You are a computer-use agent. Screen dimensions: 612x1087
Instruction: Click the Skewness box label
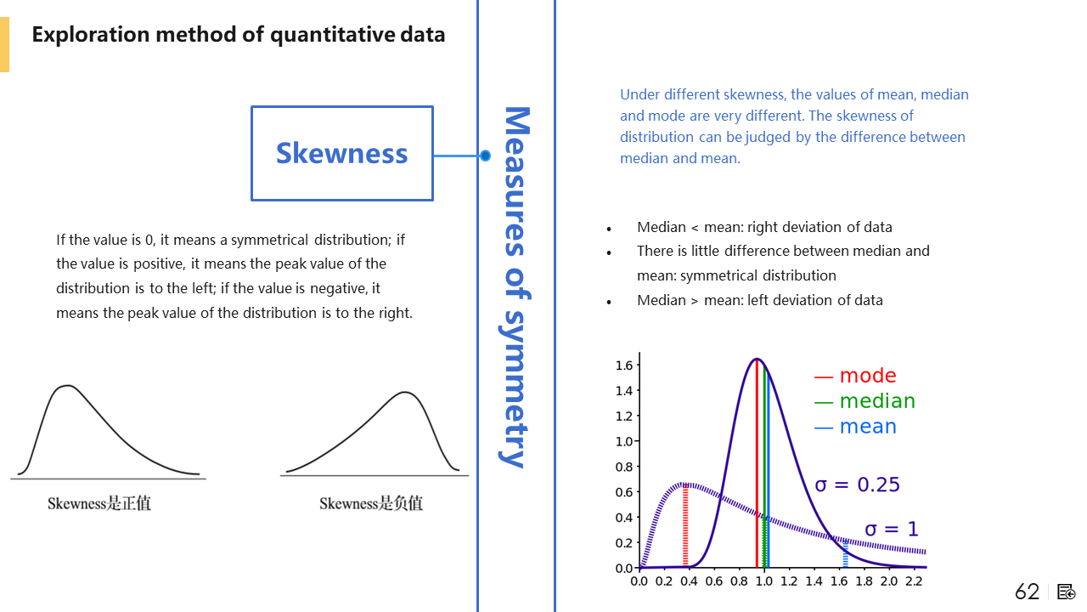click(341, 153)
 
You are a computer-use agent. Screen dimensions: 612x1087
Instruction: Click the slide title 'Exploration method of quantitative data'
click(239, 35)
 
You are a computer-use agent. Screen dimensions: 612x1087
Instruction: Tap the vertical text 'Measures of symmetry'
click(516, 286)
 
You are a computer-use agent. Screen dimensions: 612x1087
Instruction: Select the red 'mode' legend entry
click(855, 376)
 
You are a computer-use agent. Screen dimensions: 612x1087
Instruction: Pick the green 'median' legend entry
click(865, 401)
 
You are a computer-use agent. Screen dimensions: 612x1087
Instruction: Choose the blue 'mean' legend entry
click(855, 427)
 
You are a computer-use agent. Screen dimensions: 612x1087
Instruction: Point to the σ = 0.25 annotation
click(857, 484)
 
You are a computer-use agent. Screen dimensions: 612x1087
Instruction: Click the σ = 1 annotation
click(891, 530)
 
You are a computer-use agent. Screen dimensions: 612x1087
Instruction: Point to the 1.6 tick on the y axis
click(624, 365)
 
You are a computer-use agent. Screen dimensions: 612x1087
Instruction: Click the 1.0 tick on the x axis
click(764, 581)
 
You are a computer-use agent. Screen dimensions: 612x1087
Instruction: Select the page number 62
click(1027, 592)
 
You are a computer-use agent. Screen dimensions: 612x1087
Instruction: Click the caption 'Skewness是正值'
click(99, 503)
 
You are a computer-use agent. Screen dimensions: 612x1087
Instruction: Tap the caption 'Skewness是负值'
click(371, 503)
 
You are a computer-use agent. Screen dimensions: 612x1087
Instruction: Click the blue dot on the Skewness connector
click(485, 156)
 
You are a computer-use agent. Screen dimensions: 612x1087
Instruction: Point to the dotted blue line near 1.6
click(845, 554)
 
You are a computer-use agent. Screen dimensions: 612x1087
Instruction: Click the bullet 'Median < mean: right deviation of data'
click(764, 227)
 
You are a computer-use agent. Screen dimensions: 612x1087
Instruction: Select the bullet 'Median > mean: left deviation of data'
click(759, 300)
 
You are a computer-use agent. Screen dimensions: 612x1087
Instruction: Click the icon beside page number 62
click(1067, 592)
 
